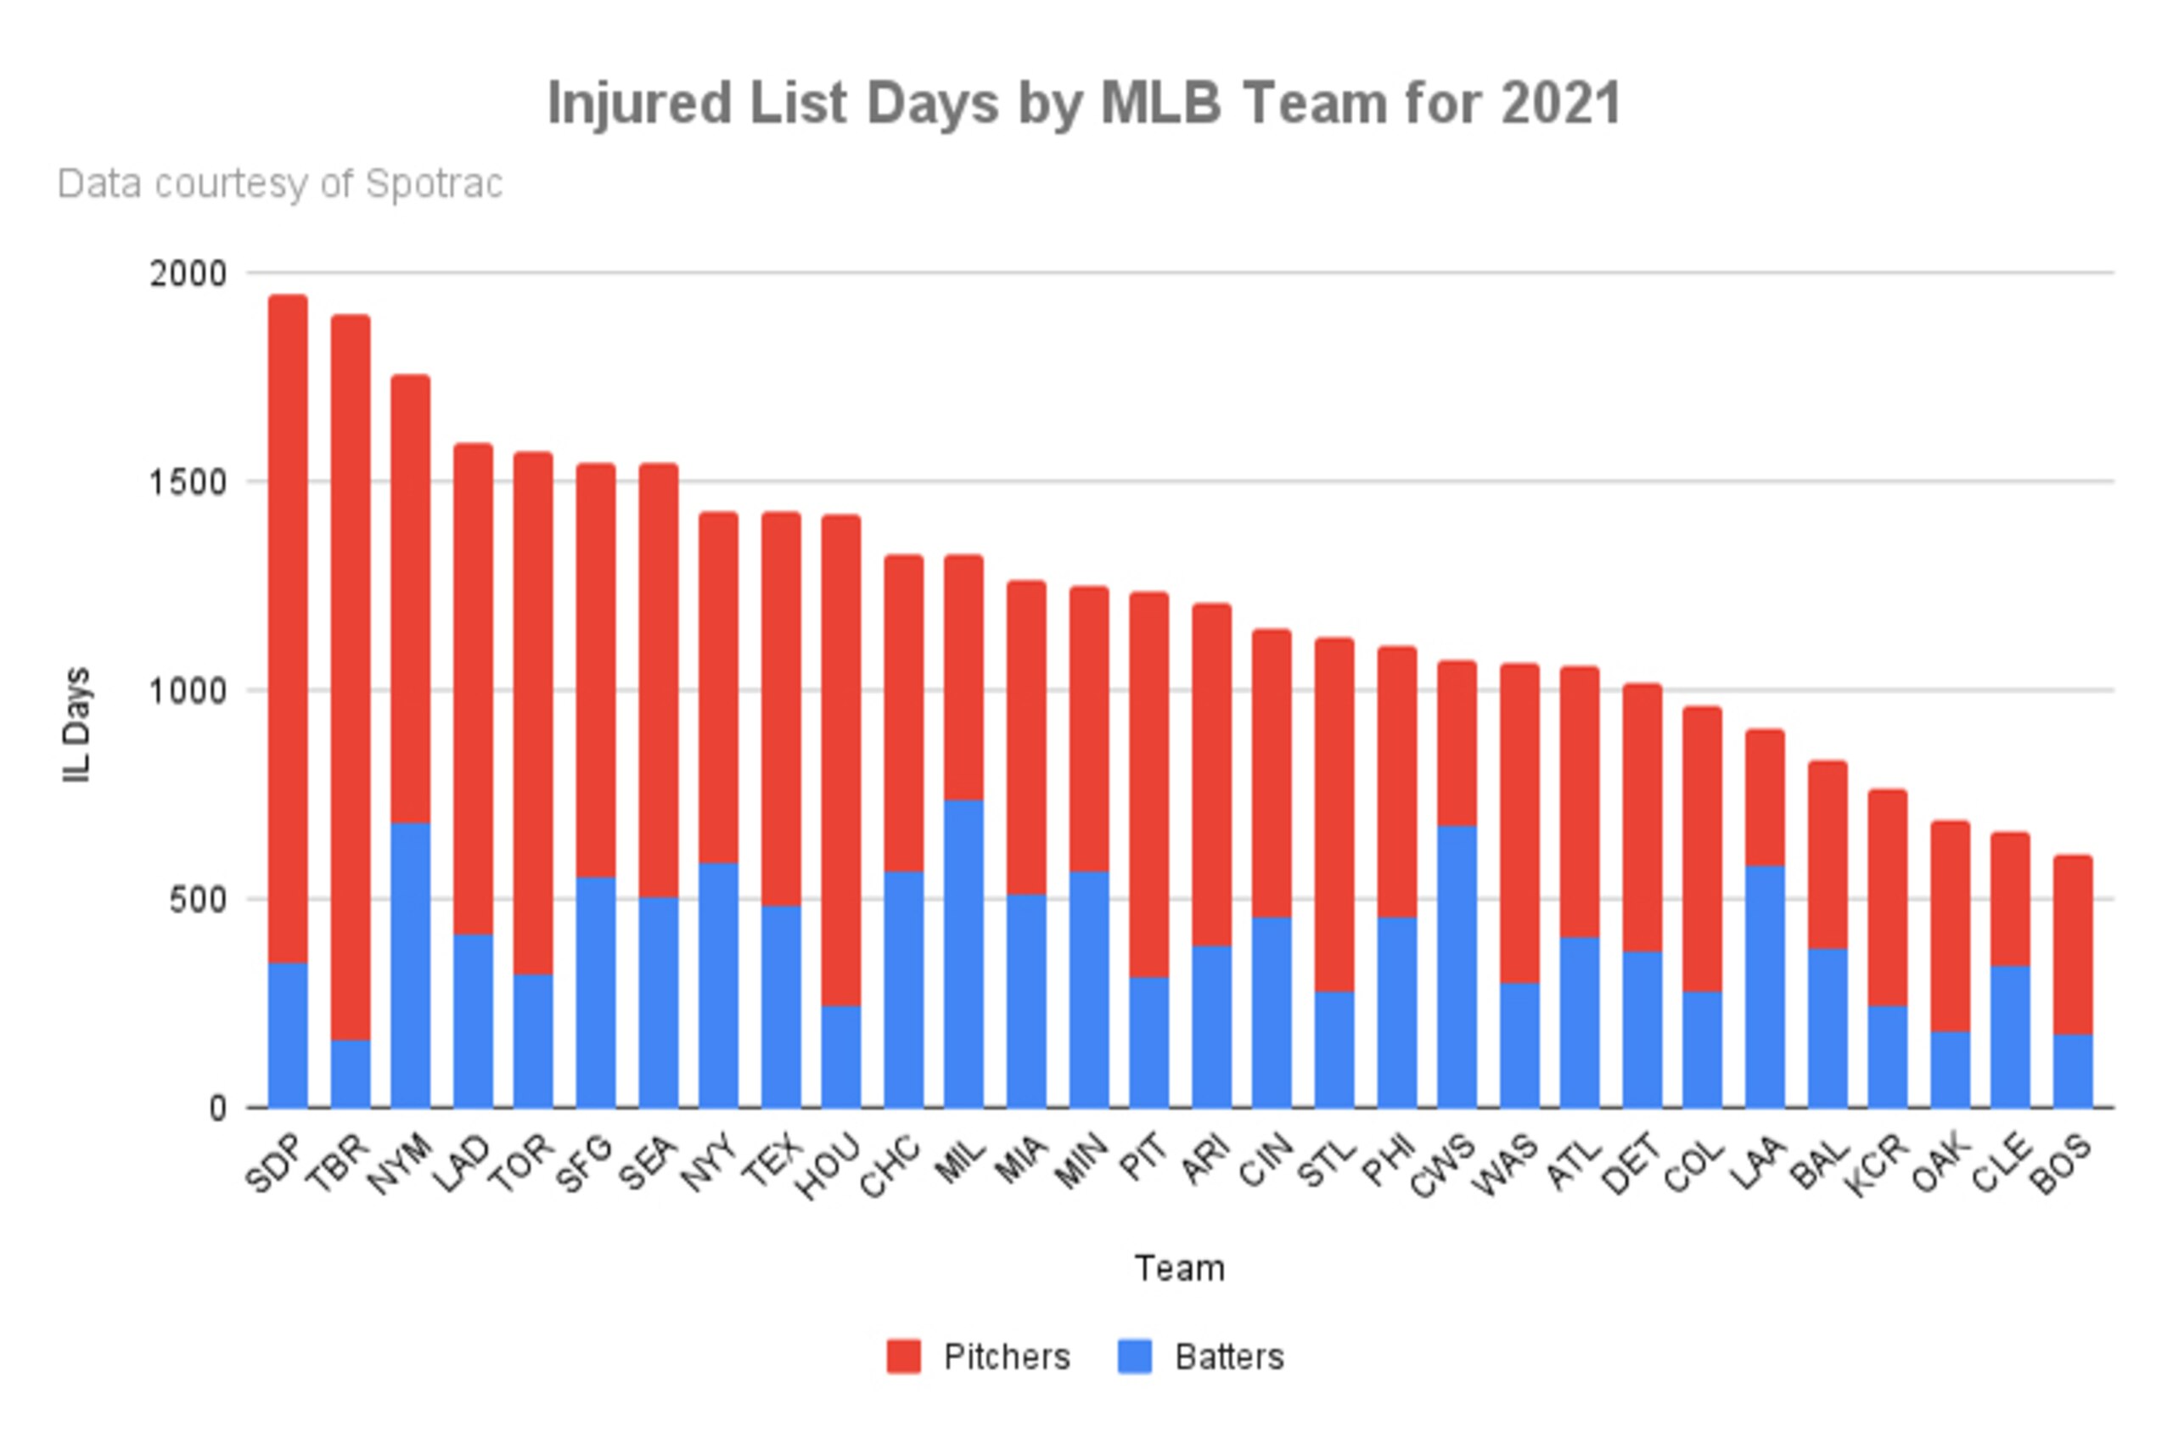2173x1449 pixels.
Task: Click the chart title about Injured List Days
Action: point(1085,103)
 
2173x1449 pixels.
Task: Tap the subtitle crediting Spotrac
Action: point(280,184)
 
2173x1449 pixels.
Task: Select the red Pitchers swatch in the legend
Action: point(903,1356)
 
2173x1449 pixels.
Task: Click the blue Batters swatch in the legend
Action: point(1135,1356)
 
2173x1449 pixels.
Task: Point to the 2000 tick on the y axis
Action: point(188,273)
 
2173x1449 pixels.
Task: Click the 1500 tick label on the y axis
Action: point(188,482)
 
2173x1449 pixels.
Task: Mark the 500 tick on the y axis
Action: point(198,899)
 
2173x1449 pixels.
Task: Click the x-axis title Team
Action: point(1180,1269)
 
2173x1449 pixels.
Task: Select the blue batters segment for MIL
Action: point(963,953)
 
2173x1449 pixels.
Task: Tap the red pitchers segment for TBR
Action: point(351,677)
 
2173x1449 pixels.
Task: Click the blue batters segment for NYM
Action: point(410,965)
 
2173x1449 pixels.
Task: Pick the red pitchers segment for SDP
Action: point(289,629)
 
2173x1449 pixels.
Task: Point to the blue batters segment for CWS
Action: point(1457,967)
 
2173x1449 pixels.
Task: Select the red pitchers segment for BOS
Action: point(2073,946)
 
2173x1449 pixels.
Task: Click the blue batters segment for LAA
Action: point(1765,987)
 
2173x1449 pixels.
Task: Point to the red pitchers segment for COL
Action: point(1702,849)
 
